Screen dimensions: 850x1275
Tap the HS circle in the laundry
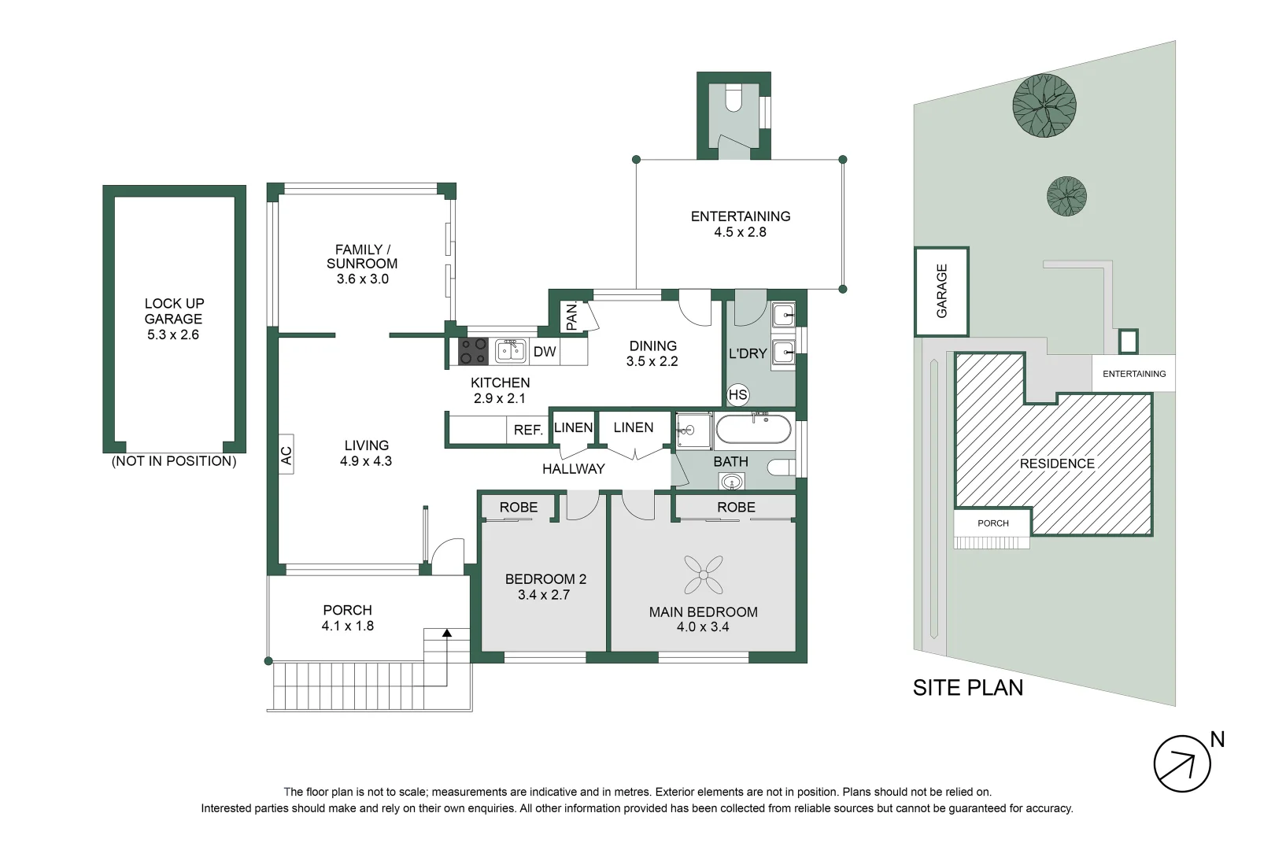tap(738, 395)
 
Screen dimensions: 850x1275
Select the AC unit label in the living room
tap(286, 455)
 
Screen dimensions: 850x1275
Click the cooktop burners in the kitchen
tap(473, 351)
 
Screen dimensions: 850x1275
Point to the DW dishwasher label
tap(545, 352)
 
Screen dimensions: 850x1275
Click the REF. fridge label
tap(528, 431)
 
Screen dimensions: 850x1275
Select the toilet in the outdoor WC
tap(733, 99)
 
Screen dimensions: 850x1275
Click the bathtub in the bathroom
tap(752, 430)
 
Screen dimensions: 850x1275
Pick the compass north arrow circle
tap(1182, 763)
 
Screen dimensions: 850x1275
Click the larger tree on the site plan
tap(1044, 105)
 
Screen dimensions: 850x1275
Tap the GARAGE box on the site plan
tap(941, 291)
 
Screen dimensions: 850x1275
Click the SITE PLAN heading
tap(968, 688)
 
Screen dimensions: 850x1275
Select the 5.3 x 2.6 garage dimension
tap(173, 334)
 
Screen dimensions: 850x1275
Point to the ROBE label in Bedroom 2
tap(519, 508)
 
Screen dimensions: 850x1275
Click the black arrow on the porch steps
tap(447, 633)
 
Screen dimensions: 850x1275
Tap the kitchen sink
tap(511, 350)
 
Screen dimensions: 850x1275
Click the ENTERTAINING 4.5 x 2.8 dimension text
tap(740, 232)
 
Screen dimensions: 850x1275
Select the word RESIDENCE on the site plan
tap(1057, 464)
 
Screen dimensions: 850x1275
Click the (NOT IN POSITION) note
tap(174, 461)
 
